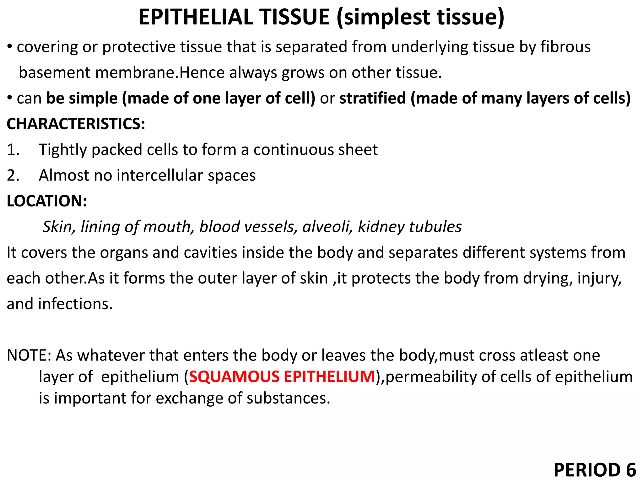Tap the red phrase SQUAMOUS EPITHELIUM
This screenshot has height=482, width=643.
click(x=282, y=377)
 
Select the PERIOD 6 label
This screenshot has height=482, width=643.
click(x=595, y=470)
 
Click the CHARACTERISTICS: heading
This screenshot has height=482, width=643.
click(x=76, y=124)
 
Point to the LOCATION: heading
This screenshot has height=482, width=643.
click(x=47, y=201)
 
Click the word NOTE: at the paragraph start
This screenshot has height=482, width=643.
click(x=29, y=355)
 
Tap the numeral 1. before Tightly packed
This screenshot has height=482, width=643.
click(x=13, y=150)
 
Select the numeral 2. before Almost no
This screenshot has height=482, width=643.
click(x=13, y=175)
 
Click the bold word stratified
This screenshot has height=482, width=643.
click(x=373, y=98)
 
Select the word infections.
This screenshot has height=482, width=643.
click(x=75, y=304)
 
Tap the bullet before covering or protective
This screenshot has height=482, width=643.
click(x=10, y=46)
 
